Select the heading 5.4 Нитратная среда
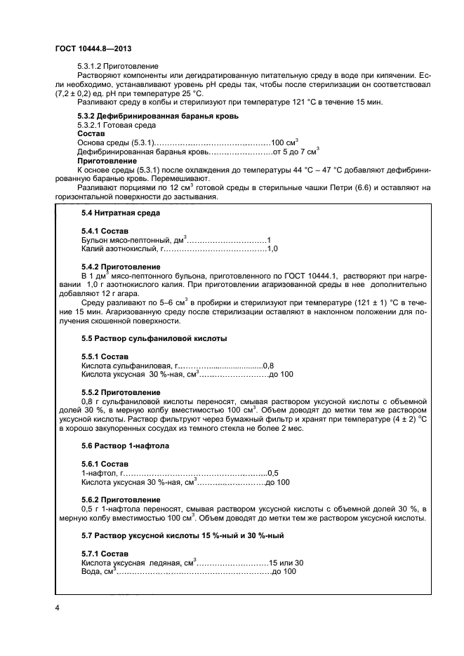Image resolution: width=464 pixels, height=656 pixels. coord(121,213)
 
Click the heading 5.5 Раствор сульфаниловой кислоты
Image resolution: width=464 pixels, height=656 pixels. coord(154,338)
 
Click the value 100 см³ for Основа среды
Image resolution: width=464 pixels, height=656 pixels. coord(285,141)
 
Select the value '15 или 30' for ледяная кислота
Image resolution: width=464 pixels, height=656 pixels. coord(286,563)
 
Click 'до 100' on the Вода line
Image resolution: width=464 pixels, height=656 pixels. coord(284,572)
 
